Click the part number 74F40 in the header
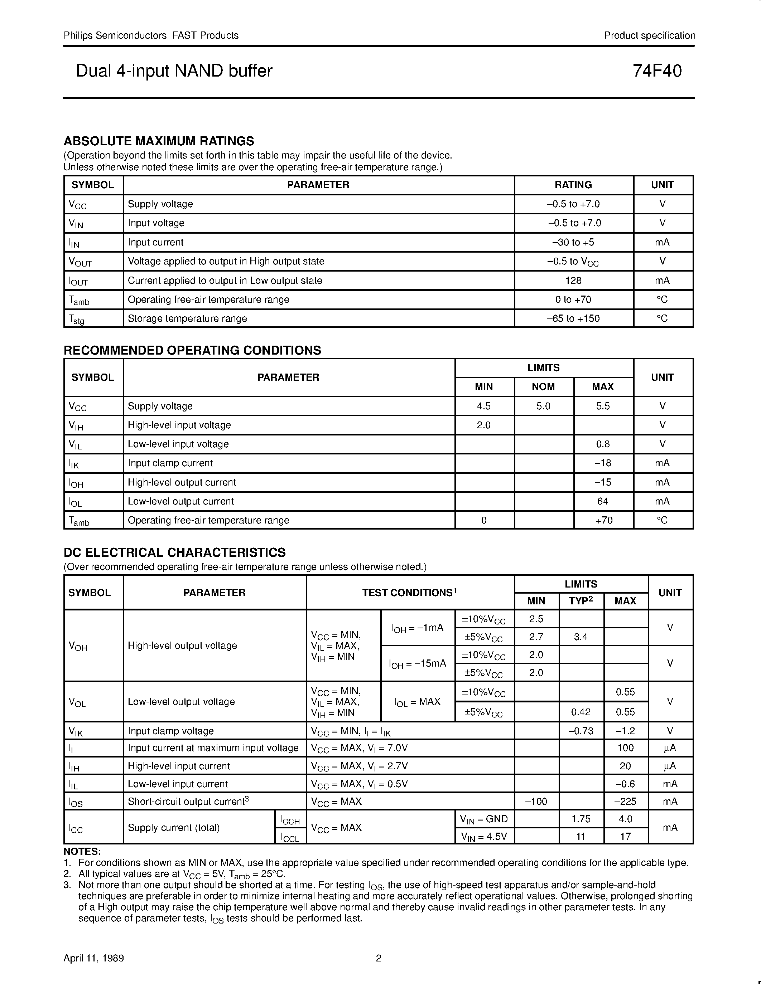click(x=657, y=71)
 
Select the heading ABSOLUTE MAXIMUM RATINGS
click(x=159, y=141)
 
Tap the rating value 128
click(x=573, y=280)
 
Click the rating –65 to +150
click(x=573, y=318)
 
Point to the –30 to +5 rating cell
click(x=573, y=242)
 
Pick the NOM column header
click(x=543, y=386)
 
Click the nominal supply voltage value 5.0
click(x=543, y=406)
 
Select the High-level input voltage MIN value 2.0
click(x=484, y=425)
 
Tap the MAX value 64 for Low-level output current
click(x=603, y=501)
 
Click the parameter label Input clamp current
click(x=170, y=463)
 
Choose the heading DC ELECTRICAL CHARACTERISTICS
click(x=174, y=552)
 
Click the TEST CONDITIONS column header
click(x=409, y=593)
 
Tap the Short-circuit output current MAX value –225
click(x=625, y=802)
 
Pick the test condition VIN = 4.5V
click(x=483, y=836)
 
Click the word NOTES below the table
click(x=82, y=852)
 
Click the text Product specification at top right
click(x=650, y=35)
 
